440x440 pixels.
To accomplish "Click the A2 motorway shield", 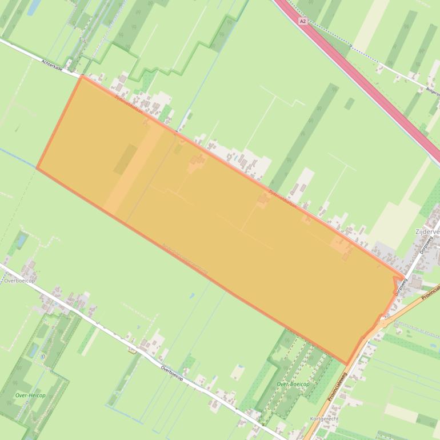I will click(x=302, y=21).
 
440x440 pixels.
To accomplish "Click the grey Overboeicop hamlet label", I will click(x=19, y=281).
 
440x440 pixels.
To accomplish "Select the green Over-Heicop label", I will click(x=30, y=395).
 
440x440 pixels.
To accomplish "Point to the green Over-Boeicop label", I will click(x=293, y=385).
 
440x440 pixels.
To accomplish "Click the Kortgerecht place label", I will click(x=323, y=418).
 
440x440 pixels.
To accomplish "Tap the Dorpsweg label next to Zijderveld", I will click(x=425, y=245).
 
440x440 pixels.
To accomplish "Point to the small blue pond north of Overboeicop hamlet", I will click(x=22, y=241).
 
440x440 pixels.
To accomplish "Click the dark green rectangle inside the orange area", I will click(x=125, y=159).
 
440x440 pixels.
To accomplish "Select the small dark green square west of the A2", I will click(x=349, y=103).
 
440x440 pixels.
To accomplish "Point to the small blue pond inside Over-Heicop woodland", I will click(x=34, y=348).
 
